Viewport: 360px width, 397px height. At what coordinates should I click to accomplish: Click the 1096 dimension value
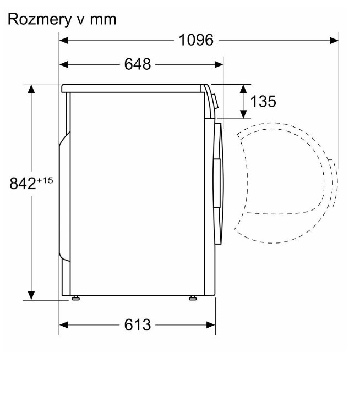click(196, 40)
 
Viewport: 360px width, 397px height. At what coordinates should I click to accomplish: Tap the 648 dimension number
click(138, 64)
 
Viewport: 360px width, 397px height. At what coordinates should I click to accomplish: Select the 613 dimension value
click(138, 324)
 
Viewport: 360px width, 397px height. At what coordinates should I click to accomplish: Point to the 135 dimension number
click(263, 101)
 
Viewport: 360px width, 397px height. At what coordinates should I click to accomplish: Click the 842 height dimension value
click(23, 183)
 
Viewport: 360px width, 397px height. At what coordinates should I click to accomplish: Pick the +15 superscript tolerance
click(45, 180)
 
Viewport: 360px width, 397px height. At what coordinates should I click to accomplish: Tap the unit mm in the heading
click(103, 20)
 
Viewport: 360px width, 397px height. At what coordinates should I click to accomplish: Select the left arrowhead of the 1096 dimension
click(64, 40)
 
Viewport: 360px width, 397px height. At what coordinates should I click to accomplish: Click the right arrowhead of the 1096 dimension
click(334, 40)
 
